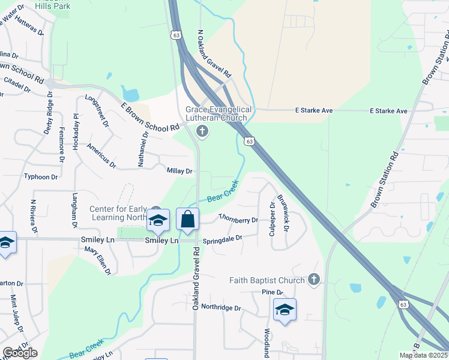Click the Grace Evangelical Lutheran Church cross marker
tap(202, 131)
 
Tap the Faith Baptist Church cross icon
tap(313, 280)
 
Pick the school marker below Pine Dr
tap(284, 310)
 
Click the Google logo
tap(20, 353)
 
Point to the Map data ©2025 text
tap(423, 355)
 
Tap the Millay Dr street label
tap(179, 171)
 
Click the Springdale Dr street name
tap(222, 239)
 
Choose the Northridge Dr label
tap(221, 308)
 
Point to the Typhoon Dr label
tap(40, 176)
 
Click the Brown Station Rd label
tap(385, 181)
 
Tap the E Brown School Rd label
tap(150, 117)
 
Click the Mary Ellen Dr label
tap(98, 260)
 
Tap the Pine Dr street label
tap(267, 292)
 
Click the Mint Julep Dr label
tap(15, 314)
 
